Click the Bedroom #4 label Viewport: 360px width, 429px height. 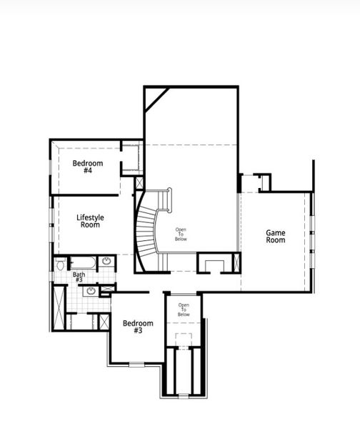point(88,167)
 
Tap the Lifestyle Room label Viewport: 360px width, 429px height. point(90,221)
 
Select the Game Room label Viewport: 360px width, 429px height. point(276,236)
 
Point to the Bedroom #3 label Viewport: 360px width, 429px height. point(138,327)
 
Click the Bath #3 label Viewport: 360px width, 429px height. point(79,277)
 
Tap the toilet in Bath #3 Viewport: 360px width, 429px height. point(60,265)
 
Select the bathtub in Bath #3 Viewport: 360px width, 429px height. point(81,262)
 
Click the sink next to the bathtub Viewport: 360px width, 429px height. point(106,262)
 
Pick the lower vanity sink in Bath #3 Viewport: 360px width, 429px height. point(91,290)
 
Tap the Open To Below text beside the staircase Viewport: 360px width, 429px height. point(181,232)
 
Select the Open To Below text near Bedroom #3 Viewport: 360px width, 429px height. point(184,310)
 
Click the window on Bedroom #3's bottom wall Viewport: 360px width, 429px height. point(135,364)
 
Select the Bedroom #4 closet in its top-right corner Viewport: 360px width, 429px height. point(131,157)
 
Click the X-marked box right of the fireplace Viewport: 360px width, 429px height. point(236,263)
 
